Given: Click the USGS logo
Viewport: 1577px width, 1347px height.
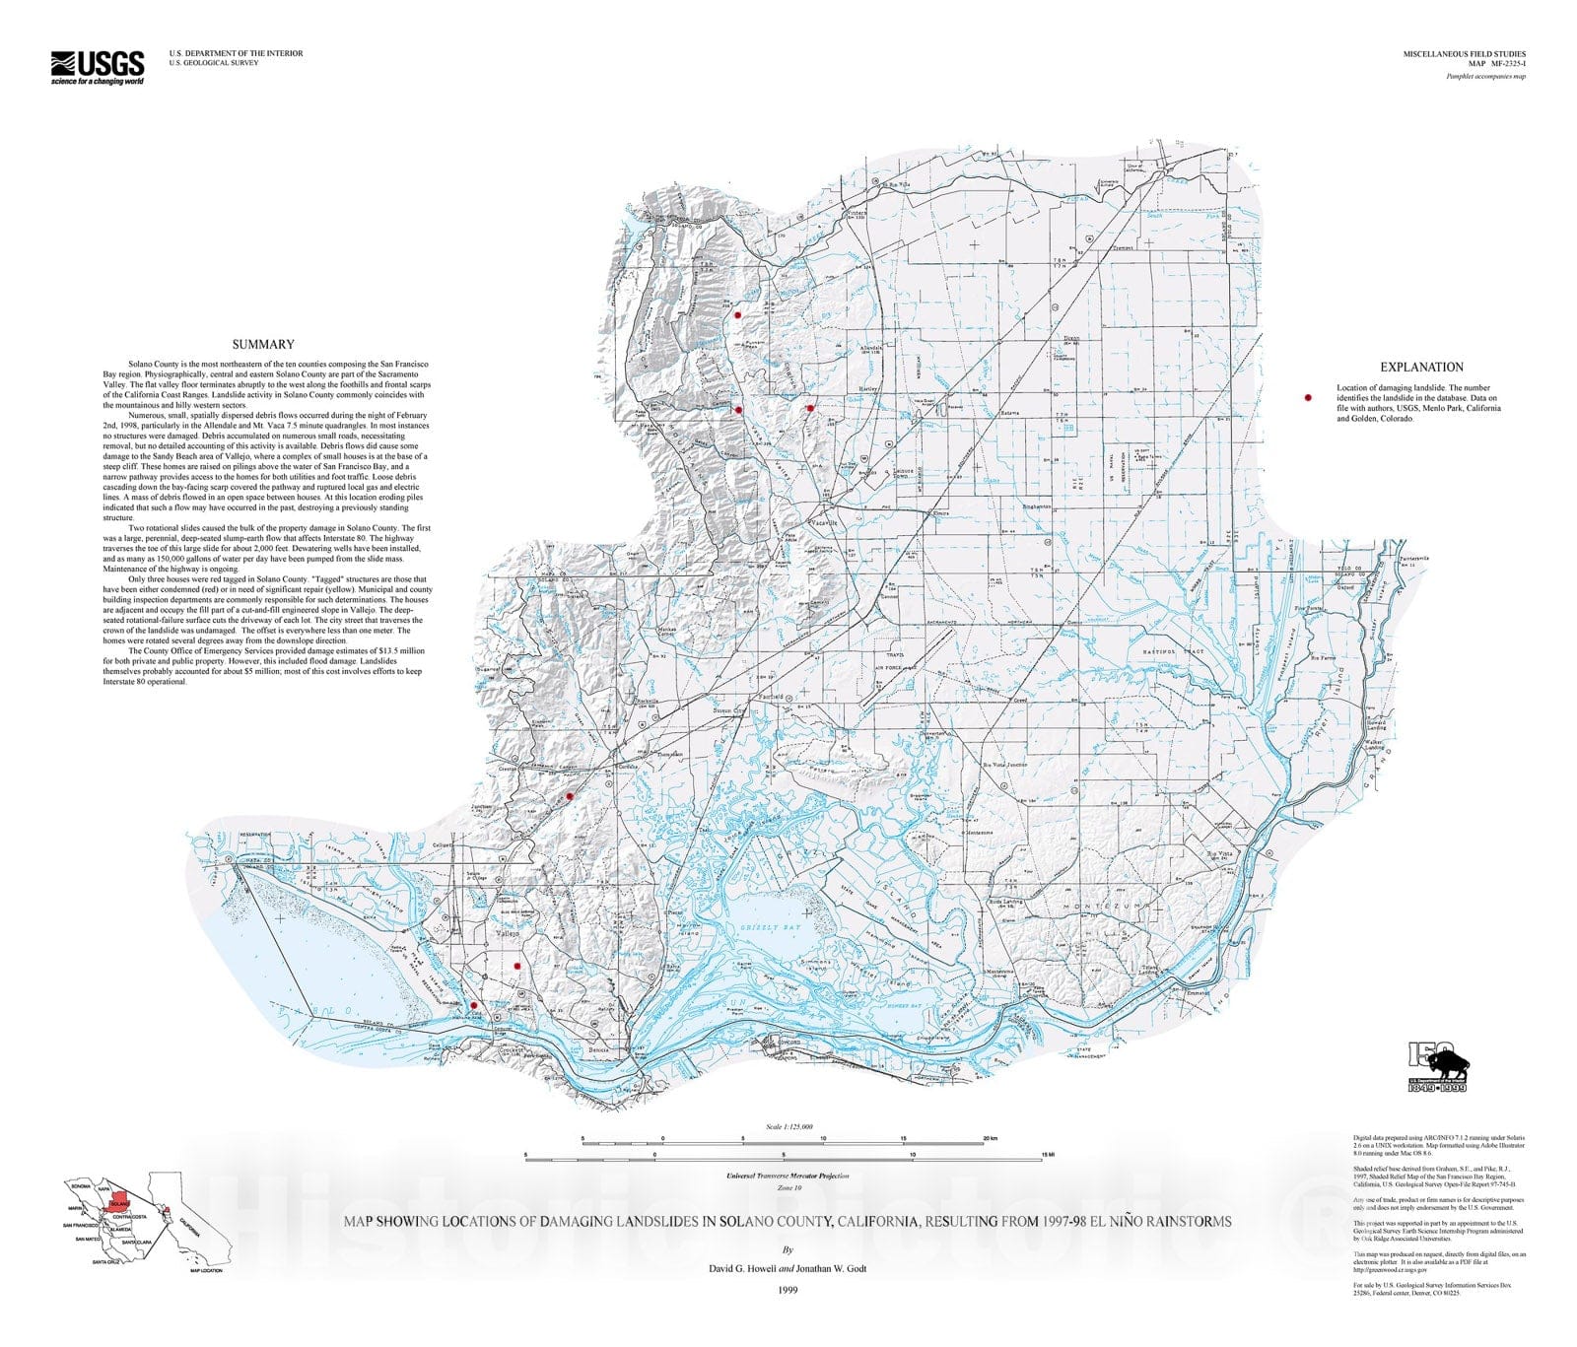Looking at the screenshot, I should [x=98, y=67].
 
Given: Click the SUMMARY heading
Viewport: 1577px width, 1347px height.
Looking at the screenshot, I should [x=263, y=345].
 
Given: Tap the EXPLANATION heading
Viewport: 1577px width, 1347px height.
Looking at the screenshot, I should [x=1421, y=367].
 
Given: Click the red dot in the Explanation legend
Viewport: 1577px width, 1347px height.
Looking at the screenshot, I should [x=1308, y=397].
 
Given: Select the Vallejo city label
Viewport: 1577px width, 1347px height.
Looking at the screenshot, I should [x=508, y=932].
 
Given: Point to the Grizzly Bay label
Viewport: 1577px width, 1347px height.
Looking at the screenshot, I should [x=773, y=927].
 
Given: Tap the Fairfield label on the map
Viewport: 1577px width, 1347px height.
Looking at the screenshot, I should [x=771, y=697].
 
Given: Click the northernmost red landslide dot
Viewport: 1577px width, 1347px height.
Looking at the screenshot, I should [x=736, y=315].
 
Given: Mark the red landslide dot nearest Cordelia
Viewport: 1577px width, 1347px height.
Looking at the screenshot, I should [x=570, y=796].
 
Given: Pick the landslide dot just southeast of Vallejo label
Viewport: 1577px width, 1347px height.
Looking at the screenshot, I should [x=516, y=967].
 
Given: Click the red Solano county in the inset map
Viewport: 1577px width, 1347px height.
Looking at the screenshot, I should [x=119, y=1204].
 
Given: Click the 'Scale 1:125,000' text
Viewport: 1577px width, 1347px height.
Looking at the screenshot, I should [x=788, y=1126].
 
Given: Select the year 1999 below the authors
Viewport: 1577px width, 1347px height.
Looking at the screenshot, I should [x=787, y=1289].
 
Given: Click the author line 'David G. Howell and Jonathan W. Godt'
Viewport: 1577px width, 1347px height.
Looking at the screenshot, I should [x=788, y=1268].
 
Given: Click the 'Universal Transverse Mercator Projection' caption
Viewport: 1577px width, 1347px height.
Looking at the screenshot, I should [x=787, y=1176].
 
